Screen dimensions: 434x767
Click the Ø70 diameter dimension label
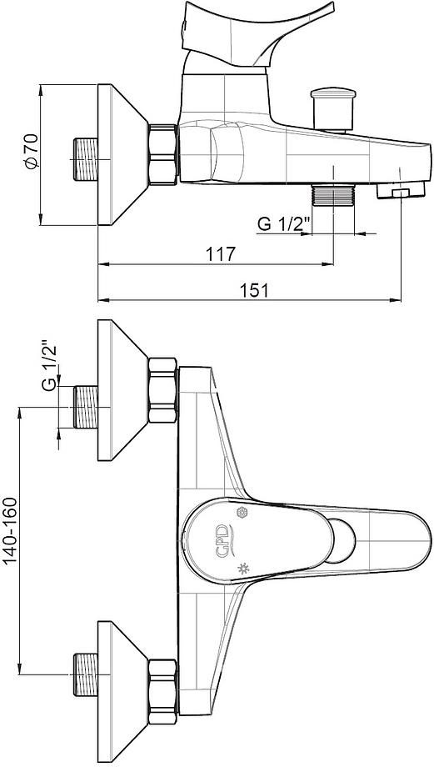click(32, 151)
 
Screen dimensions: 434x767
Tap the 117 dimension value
click(220, 254)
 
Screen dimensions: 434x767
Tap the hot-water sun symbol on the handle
click(241, 568)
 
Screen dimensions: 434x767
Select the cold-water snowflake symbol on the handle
click(241, 512)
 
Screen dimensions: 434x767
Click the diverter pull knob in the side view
click(333, 108)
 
